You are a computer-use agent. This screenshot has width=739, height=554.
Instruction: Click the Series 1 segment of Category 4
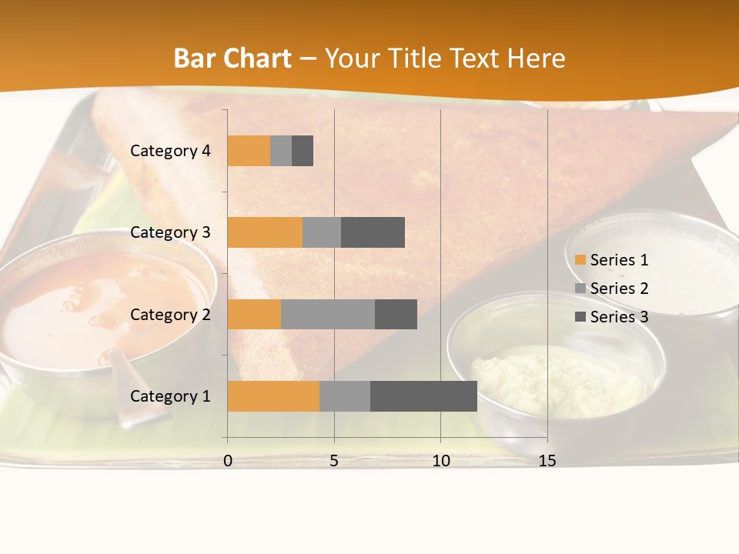[x=249, y=151]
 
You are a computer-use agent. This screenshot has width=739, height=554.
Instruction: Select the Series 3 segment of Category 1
[x=423, y=396]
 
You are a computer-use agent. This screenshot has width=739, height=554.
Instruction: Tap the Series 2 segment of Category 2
[x=328, y=314]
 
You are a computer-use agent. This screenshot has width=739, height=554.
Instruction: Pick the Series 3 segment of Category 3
[x=373, y=232]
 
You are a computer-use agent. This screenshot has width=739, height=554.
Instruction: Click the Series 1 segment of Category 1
[x=273, y=396]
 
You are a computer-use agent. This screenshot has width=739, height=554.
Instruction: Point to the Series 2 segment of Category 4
[x=281, y=151]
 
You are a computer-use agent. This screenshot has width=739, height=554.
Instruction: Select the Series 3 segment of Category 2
[x=396, y=314]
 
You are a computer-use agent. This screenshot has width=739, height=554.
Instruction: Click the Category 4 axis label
[x=170, y=151]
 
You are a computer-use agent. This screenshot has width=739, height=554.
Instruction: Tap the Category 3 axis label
[x=170, y=232]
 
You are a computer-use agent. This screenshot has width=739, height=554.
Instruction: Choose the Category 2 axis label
[x=170, y=315]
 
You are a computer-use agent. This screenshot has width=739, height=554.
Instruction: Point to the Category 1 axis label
[x=170, y=396]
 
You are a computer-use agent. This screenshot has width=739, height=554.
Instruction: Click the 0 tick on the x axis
[x=228, y=461]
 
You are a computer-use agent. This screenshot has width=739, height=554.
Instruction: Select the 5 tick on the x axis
[x=334, y=461]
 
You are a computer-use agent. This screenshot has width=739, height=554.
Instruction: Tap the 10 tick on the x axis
[x=440, y=461]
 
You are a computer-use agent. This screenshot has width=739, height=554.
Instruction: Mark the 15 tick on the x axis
[x=547, y=461]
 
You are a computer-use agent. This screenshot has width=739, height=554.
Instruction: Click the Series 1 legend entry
[x=611, y=260]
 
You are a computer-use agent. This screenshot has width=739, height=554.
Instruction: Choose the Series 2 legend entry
[x=611, y=289]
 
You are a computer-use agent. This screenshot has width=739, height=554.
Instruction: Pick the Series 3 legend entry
[x=611, y=317]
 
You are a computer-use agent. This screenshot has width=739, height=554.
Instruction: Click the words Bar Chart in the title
[x=232, y=58]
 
